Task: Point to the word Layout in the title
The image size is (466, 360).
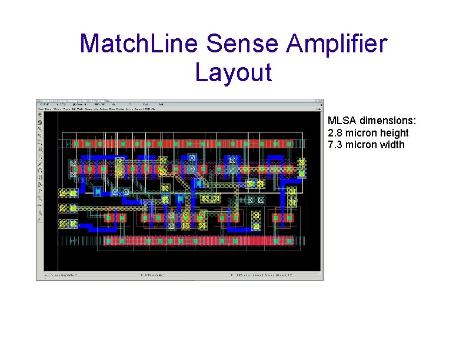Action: pyautogui.click(x=233, y=72)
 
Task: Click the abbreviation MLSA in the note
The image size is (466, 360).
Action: pyautogui.click(x=340, y=121)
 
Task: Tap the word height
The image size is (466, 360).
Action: pyautogui.click(x=394, y=133)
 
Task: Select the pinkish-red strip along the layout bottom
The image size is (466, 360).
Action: pyautogui.click(x=199, y=240)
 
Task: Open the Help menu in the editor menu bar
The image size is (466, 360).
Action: pyautogui.click(x=318, y=109)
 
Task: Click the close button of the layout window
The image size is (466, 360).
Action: pyautogui.click(x=319, y=102)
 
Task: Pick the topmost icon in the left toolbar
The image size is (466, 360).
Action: pyautogui.click(x=40, y=115)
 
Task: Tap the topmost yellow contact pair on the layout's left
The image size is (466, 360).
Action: pyautogui.click(x=68, y=193)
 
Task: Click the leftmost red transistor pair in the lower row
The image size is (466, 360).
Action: pyautogui.click(x=115, y=218)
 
